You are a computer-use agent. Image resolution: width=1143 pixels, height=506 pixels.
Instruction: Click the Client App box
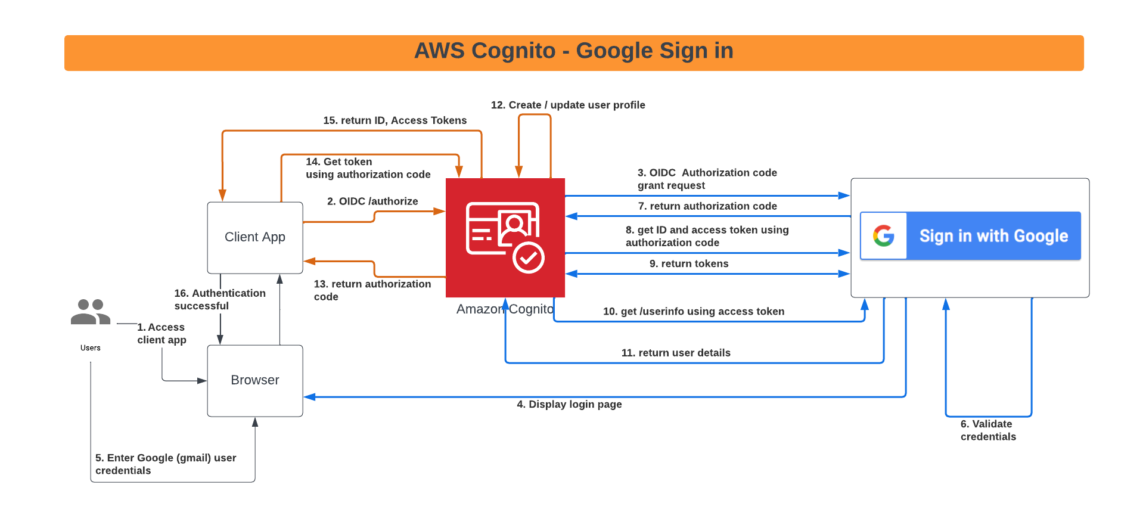click(254, 237)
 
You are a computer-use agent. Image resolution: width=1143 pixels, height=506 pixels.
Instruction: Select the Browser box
click(254, 380)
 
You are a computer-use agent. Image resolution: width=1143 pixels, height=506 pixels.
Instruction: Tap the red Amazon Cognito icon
click(505, 237)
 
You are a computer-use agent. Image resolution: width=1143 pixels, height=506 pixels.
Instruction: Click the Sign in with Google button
click(993, 236)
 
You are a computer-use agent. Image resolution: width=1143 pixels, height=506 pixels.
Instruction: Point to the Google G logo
click(883, 236)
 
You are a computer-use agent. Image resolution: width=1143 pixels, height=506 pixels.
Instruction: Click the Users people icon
click(91, 312)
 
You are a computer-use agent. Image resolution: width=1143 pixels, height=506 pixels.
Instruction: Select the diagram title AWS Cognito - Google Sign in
click(573, 51)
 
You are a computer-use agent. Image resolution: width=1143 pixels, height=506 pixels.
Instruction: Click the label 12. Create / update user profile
click(568, 105)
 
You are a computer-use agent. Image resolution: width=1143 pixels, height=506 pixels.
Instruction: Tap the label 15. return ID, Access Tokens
click(395, 120)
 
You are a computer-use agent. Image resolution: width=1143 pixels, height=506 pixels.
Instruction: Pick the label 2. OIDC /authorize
click(372, 201)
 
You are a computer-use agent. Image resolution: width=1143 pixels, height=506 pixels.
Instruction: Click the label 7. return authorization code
click(707, 206)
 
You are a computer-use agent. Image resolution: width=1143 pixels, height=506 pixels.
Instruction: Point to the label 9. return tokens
click(689, 263)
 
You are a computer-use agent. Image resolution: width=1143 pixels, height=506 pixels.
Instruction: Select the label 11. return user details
click(676, 353)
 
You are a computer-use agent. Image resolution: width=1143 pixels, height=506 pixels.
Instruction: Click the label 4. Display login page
click(569, 404)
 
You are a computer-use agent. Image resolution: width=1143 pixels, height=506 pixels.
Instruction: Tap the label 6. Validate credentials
click(988, 430)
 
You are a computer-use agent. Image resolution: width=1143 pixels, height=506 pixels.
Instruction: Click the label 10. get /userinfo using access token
click(694, 311)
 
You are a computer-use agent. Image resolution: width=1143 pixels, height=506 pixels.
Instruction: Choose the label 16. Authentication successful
click(219, 299)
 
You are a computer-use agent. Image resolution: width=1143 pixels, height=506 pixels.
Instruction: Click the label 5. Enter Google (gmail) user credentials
click(166, 464)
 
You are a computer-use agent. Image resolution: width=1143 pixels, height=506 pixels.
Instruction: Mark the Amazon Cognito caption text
click(505, 309)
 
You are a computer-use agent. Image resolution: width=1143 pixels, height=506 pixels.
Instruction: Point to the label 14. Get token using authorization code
click(368, 168)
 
